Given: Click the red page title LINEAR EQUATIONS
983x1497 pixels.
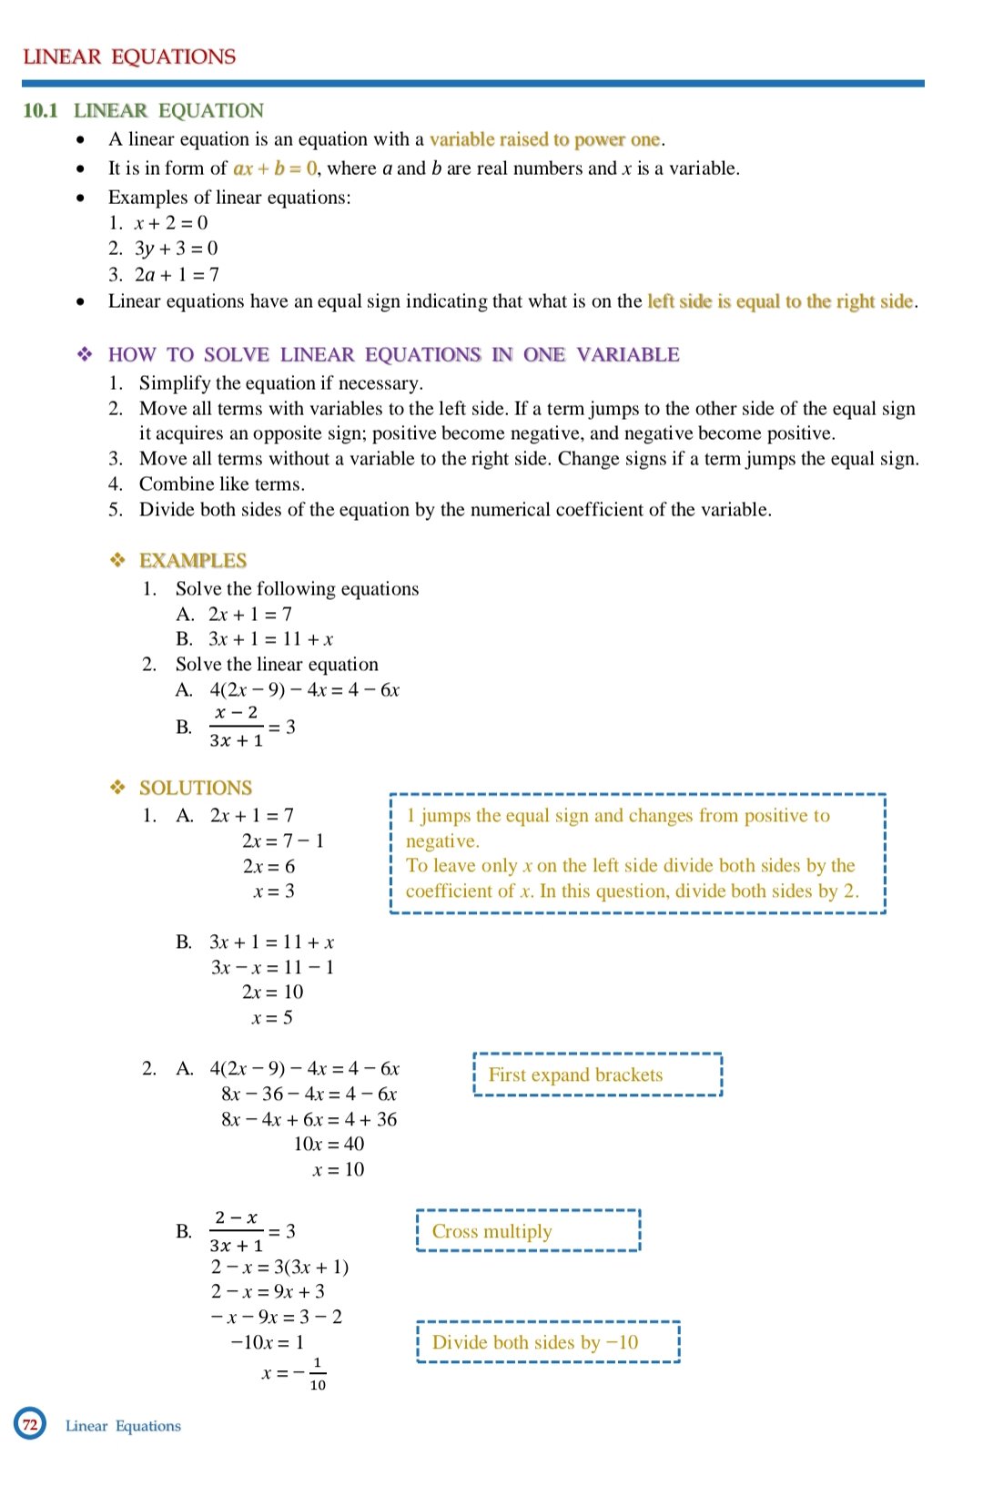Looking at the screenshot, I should pyautogui.click(x=129, y=56).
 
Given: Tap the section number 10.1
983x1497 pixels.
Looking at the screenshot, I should pyautogui.click(x=40, y=110).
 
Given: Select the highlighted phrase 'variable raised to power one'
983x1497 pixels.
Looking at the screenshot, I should pyautogui.click(x=544, y=139).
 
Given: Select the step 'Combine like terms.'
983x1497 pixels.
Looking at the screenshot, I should pyautogui.click(x=221, y=484).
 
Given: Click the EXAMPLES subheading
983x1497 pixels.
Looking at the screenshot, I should pyautogui.click(x=193, y=560).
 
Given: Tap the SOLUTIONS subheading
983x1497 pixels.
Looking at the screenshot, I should pyautogui.click(x=195, y=788).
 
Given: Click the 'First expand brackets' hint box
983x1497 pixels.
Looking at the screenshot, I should pyautogui.click(x=597, y=1074).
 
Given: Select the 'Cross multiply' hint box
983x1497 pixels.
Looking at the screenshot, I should pyautogui.click(x=528, y=1231).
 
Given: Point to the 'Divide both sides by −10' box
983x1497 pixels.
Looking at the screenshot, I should pyautogui.click(x=548, y=1342).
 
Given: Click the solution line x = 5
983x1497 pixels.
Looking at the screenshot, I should pyautogui.click(x=272, y=1017).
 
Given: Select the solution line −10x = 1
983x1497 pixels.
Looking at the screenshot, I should pyautogui.click(x=267, y=1342).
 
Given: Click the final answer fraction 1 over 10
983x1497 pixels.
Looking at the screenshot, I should pyautogui.click(x=318, y=1374).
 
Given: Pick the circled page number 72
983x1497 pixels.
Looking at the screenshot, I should pyautogui.click(x=30, y=1424).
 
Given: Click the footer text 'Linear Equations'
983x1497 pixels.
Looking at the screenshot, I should pyautogui.click(x=123, y=1426).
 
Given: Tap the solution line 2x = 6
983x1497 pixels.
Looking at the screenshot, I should pyautogui.click(x=269, y=866).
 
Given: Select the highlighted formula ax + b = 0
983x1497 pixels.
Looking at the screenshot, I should pyautogui.click(x=275, y=168).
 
